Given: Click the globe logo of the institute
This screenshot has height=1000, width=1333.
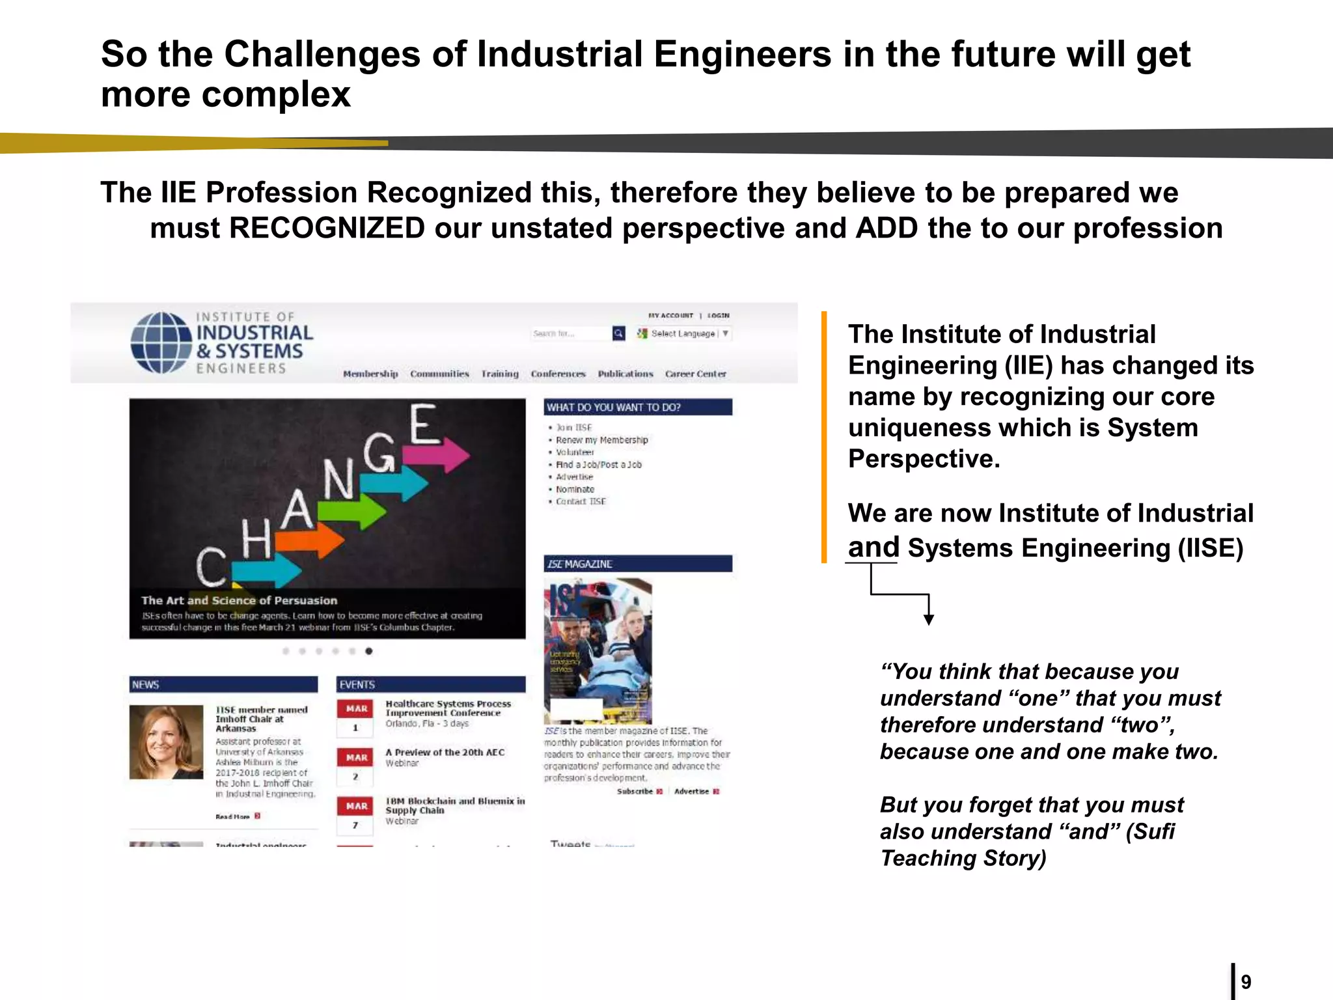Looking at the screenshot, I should click(161, 342).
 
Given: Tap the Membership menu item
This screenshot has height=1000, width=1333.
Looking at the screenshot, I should click(370, 374).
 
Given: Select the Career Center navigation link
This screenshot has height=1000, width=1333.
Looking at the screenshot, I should click(695, 374).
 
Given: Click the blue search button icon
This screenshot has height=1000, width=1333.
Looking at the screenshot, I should click(618, 333).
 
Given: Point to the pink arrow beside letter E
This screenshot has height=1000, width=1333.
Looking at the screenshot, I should click(445, 454).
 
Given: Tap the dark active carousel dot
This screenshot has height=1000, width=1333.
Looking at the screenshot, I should click(369, 651).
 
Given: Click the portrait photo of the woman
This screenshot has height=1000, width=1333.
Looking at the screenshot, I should click(166, 742).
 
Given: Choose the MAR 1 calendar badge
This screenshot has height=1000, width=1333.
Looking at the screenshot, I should click(355, 717).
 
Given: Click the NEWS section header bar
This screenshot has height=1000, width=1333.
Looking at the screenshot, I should click(223, 684).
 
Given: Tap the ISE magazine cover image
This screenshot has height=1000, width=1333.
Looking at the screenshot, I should click(598, 651).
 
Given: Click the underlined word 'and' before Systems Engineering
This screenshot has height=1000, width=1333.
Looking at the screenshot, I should click(873, 548).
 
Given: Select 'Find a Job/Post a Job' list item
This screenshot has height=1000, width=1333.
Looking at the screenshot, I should click(598, 465).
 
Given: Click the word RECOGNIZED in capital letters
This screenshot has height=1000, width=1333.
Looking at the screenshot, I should click(327, 229).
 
